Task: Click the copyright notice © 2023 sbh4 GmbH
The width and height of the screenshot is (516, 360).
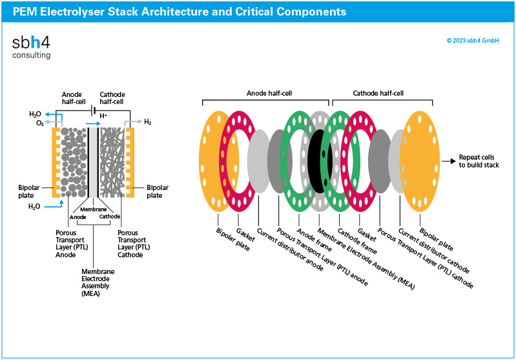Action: (x=472, y=41)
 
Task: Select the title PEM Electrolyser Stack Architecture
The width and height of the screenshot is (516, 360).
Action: (x=179, y=12)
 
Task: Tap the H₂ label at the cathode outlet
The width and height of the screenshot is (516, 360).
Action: (x=148, y=122)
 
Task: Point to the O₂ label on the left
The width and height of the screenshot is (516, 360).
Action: (x=40, y=123)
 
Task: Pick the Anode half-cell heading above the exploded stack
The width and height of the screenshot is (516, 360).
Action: (x=265, y=93)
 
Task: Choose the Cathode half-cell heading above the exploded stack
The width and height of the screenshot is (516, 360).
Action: (x=378, y=93)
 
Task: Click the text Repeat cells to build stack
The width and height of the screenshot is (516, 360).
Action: (x=479, y=161)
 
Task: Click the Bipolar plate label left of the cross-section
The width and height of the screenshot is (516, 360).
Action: (x=30, y=191)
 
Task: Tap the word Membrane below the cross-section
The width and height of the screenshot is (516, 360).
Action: (x=93, y=210)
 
